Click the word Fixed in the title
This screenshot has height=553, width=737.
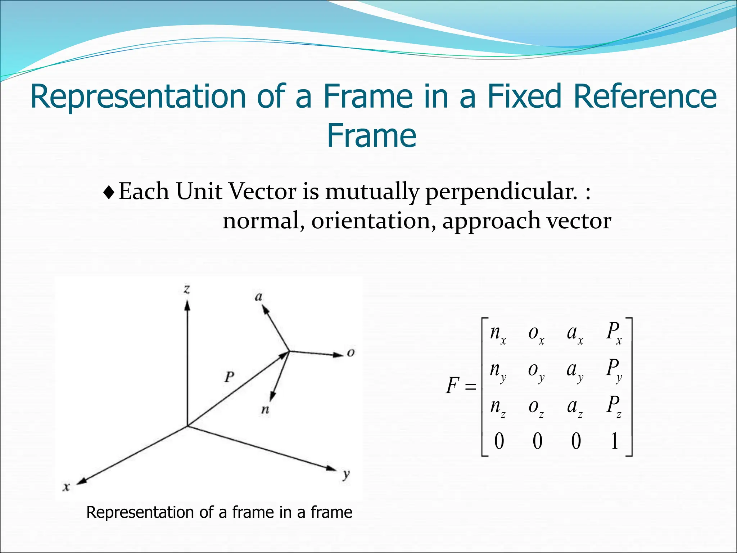(524, 96)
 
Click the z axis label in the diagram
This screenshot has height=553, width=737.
(187, 289)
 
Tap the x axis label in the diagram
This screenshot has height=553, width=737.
(66, 487)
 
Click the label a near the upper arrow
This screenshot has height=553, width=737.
(258, 297)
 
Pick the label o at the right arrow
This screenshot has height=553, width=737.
(351, 352)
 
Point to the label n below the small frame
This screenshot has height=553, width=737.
(265, 409)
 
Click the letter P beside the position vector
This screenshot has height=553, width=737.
(229, 377)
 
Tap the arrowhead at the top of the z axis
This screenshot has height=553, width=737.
(187, 305)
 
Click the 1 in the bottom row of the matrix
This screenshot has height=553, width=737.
(614, 441)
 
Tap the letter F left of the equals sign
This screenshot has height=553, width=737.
(452, 386)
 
